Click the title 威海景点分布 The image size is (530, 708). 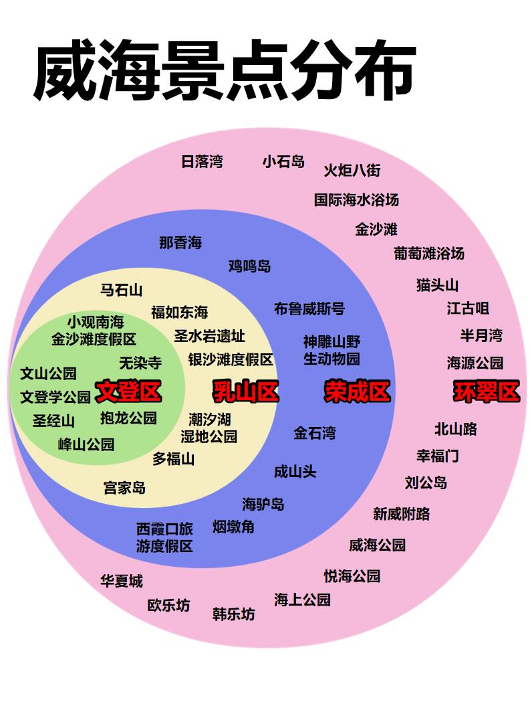click(224, 73)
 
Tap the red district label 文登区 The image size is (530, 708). click(128, 391)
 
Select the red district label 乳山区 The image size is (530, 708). click(245, 391)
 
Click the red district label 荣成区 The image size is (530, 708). click(357, 391)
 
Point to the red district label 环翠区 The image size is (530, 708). click(486, 391)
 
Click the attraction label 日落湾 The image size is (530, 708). click(202, 161)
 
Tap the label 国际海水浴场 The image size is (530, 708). click(356, 199)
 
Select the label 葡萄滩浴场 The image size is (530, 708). click(429, 253)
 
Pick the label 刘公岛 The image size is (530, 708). click(426, 482)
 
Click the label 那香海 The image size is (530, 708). click(180, 242)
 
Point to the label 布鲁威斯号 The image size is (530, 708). click(309, 308)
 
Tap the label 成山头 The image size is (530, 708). click(295, 471)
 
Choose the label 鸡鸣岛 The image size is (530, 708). click(250, 266)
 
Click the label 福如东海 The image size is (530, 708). click(179, 312)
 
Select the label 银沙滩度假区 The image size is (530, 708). click(231, 359)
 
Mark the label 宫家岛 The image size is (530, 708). click(124, 488)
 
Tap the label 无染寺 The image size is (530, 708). click(140, 363)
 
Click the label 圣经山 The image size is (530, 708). click(54, 421)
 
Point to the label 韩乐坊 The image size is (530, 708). click(234, 614)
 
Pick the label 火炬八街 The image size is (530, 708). click(352, 170)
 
